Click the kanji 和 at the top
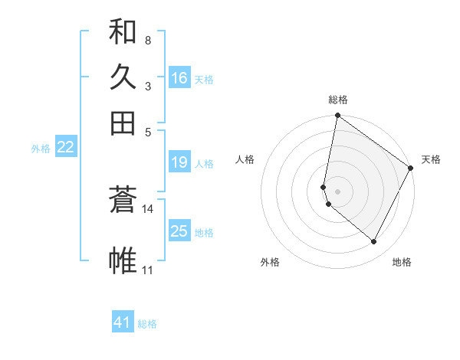coord(123,32)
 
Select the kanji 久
coord(123,77)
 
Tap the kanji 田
coord(123,123)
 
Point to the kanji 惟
coord(123,260)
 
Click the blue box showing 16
coord(179,78)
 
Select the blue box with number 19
coord(179,162)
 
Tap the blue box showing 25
coord(179,231)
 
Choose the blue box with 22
coord(65,148)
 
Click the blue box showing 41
coord(123,322)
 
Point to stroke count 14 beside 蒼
coord(148,208)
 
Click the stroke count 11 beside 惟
coord(148,270)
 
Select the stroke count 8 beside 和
coord(147,40)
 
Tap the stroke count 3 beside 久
coord(147,86)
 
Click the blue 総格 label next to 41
coord(147,324)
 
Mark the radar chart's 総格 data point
coord(337,116)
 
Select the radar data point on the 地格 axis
coord(374,242)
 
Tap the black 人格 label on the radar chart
coord(245,159)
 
